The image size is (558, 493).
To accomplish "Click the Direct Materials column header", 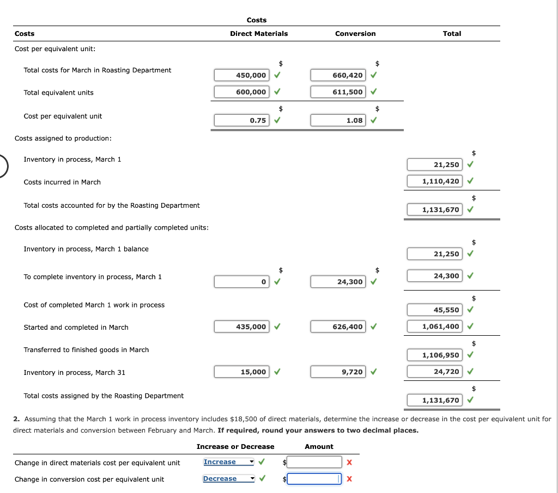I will (x=259, y=34).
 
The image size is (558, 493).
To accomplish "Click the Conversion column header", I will (x=355, y=34).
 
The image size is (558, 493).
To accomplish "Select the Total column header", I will (x=452, y=34).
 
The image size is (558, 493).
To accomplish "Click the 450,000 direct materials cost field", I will (x=241, y=75).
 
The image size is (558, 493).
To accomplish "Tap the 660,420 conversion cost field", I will (x=338, y=75).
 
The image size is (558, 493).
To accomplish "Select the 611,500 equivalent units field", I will (x=338, y=92).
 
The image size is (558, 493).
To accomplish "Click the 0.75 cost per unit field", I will (x=241, y=120).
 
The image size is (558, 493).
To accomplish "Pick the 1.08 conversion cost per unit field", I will (x=338, y=120).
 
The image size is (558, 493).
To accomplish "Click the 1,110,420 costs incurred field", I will (x=434, y=181).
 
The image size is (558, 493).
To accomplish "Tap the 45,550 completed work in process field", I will (x=434, y=310).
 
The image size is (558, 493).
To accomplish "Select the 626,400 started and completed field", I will (x=338, y=326).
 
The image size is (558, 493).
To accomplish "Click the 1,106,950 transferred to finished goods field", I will (x=434, y=355).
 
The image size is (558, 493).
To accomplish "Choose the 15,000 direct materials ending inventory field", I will (x=241, y=372).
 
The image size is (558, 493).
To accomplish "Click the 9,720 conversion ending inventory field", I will (x=338, y=372).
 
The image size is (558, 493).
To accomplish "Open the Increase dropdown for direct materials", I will (x=228, y=462).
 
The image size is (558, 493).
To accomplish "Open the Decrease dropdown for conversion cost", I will (x=228, y=479).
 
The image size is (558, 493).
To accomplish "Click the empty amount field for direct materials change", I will (x=314, y=462).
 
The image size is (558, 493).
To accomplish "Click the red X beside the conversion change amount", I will (x=349, y=479).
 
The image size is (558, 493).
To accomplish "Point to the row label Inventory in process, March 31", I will (x=75, y=373).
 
